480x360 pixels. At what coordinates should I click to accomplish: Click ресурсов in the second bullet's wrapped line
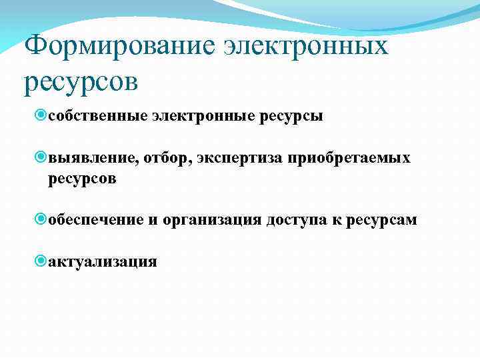82,179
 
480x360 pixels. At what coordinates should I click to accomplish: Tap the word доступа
301,220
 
